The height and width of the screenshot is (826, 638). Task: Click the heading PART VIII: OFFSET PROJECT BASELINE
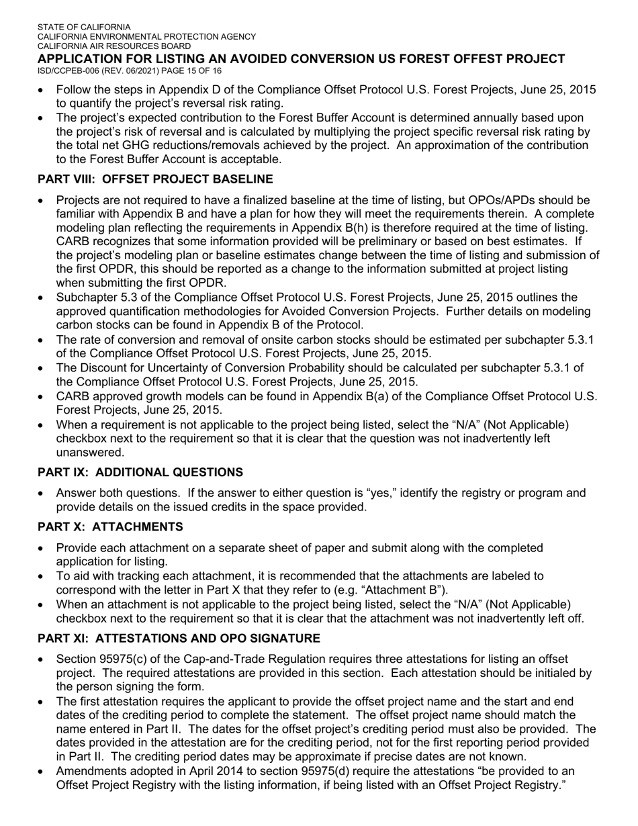click(x=155, y=179)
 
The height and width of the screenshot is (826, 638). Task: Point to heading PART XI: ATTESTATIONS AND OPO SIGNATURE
click(x=179, y=638)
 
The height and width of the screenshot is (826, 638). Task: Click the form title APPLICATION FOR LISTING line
click(x=301, y=59)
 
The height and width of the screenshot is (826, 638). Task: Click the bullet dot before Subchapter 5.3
click(x=44, y=298)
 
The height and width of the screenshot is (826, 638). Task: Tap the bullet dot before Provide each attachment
click(x=44, y=549)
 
